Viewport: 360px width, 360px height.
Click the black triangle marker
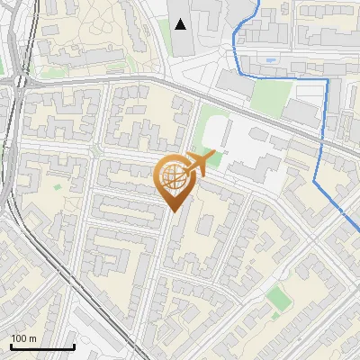(181, 24)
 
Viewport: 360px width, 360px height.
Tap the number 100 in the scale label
(19, 338)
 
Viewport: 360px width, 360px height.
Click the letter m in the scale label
(32, 338)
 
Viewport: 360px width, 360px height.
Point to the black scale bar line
(42, 347)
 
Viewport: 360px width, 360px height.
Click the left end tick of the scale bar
(11, 346)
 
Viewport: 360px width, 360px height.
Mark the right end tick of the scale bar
(74, 346)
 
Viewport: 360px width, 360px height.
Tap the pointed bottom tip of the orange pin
(175, 212)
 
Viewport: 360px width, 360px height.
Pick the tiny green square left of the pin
(58, 186)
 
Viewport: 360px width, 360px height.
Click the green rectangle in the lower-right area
(279, 297)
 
